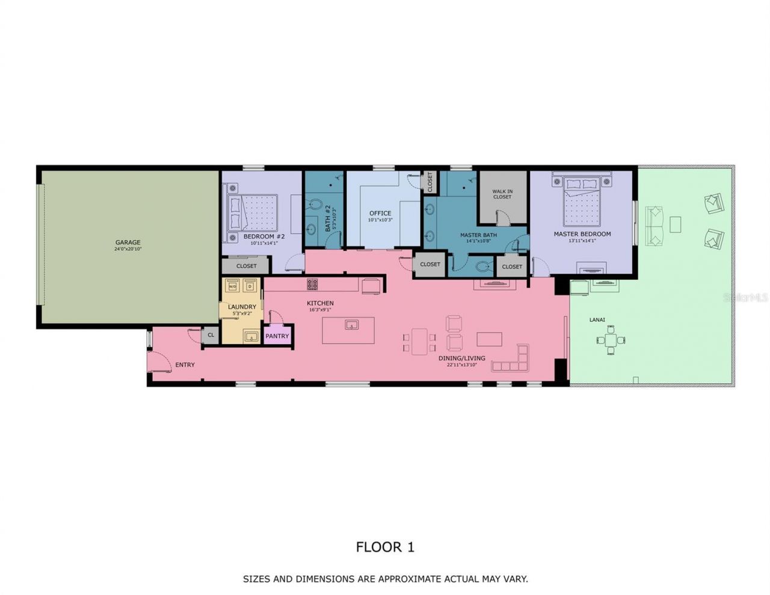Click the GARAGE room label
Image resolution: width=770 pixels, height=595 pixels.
pos(128,242)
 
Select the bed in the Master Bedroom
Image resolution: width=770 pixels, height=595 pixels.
pos(582,201)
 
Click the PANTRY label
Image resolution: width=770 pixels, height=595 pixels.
pos(277,336)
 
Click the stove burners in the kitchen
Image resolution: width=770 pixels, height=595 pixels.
pos(312,284)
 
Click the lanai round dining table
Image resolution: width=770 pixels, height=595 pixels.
pos(611,341)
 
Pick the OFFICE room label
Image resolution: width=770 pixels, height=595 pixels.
pos(380,213)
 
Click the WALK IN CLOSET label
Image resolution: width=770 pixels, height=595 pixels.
pos(502,194)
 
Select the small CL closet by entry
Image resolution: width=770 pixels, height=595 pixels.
pos(211,335)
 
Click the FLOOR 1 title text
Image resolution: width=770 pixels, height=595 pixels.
pos(385,547)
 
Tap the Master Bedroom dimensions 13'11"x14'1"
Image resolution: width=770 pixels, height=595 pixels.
pos(582,241)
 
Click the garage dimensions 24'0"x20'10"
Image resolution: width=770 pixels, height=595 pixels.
pos(128,249)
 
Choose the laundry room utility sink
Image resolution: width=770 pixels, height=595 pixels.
pos(251,336)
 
